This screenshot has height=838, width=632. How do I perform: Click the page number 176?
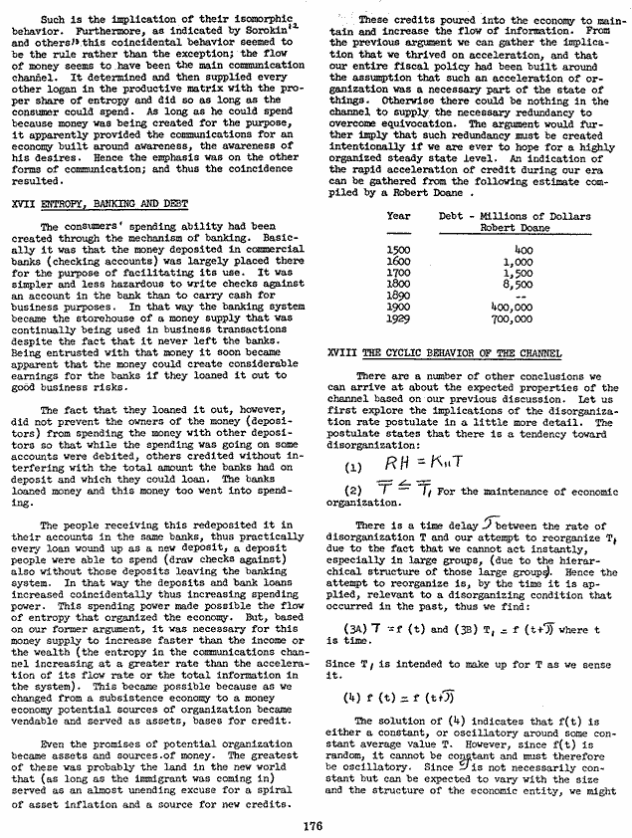click(316, 821)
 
